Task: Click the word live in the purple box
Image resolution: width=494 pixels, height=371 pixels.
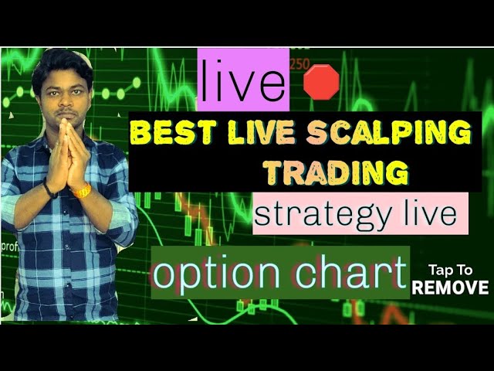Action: click(242, 83)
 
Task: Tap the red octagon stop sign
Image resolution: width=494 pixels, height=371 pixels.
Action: click(322, 81)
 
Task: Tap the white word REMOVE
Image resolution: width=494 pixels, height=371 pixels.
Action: click(451, 288)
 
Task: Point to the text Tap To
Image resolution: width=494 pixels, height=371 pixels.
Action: click(451, 271)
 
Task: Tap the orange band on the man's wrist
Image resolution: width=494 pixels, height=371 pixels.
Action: click(81, 190)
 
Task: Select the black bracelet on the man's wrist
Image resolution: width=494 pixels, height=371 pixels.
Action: click(49, 189)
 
